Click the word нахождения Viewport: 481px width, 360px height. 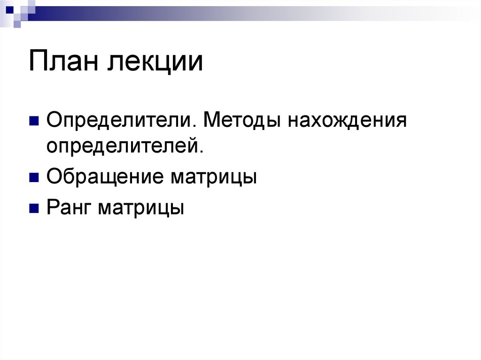point(347,122)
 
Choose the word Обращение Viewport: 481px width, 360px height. point(105,178)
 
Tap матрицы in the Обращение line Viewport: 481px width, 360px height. point(214,178)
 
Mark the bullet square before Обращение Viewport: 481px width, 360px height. point(34,178)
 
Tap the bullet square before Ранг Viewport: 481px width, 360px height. point(34,208)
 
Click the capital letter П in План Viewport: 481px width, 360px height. point(38,62)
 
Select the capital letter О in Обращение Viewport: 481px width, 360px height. point(53,178)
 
